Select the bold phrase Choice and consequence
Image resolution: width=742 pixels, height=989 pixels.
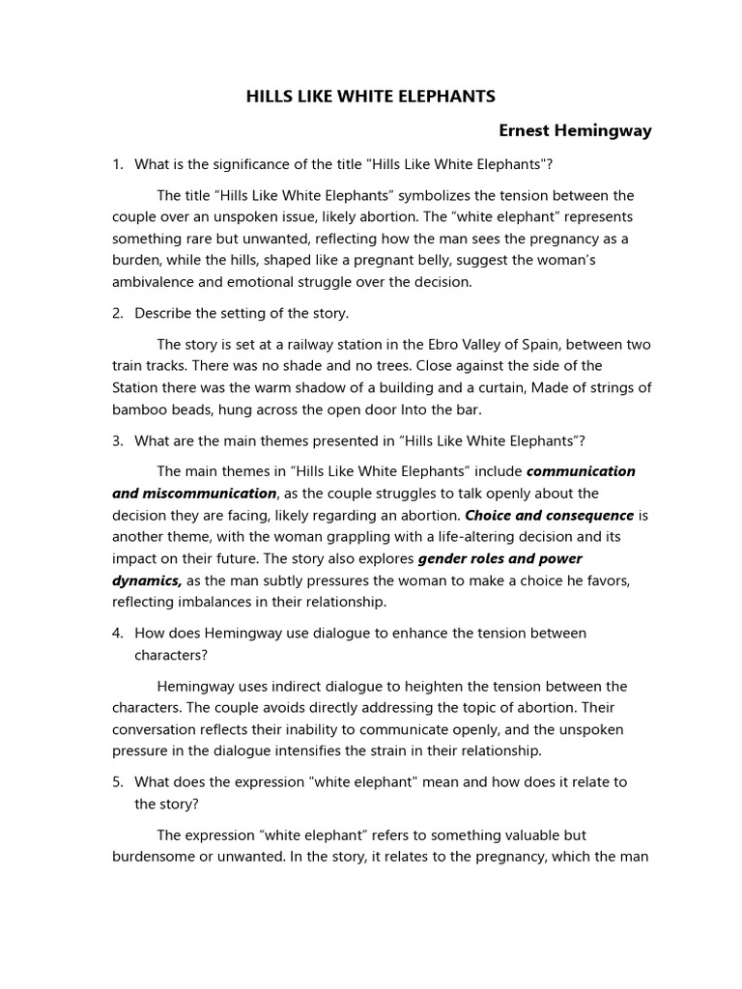point(550,515)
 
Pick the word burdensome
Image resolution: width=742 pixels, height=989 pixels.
point(155,856)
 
